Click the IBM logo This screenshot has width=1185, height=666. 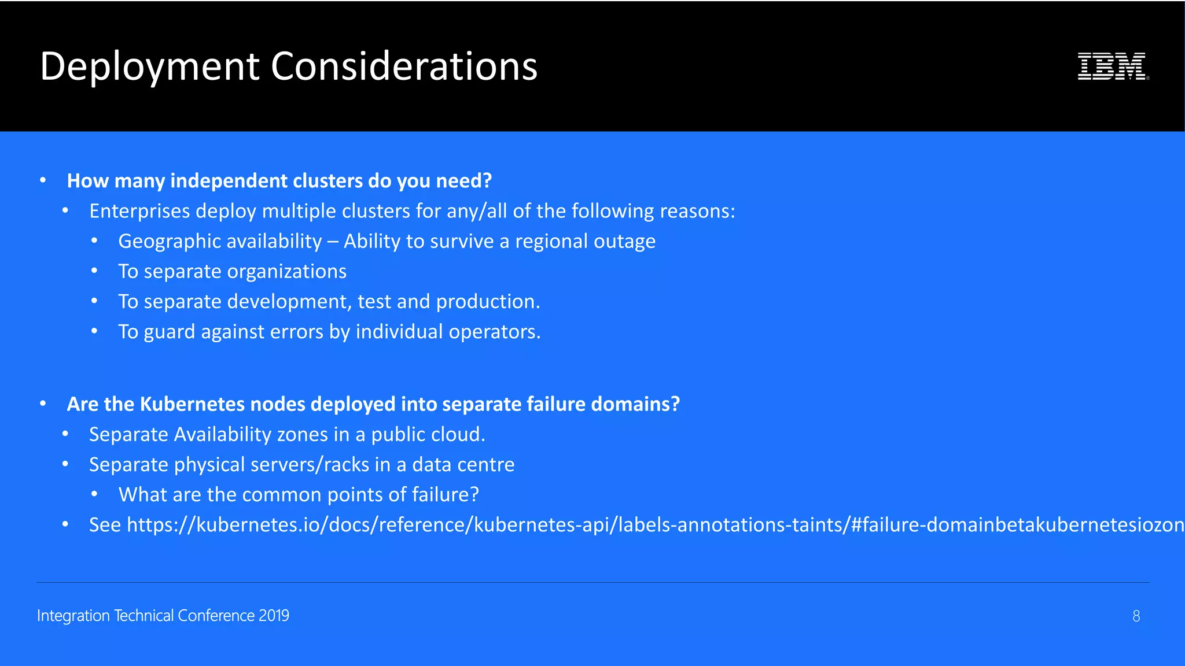tap(1112, 66)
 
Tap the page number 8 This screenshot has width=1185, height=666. tap(1136, 616)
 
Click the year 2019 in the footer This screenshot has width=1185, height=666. tap(274, 616)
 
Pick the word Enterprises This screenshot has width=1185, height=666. tap(139, 211)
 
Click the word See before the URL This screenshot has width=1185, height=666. tap(105, 525)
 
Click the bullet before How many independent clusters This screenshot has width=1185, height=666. tap(43, 180)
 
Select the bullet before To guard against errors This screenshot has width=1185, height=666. tap(94, 331)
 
